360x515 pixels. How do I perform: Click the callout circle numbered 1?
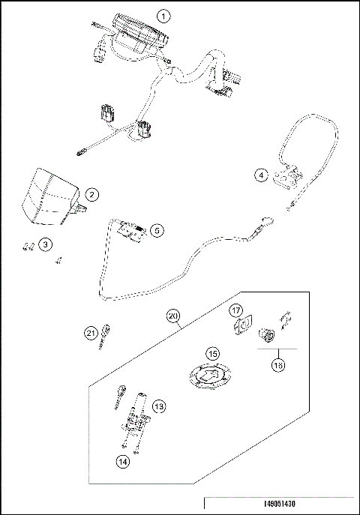click(164, 16)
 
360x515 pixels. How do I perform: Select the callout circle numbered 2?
click(91, 195)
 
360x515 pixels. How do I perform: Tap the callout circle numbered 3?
click(46, 244)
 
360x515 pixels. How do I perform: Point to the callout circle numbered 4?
click(260, 175)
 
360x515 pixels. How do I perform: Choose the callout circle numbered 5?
click(156, 230)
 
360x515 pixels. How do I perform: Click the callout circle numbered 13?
click(158, 406)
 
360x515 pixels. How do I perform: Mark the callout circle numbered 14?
click(122, 463)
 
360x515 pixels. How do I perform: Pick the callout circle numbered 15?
click(213, 353)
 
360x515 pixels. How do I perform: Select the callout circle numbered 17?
click(235, 310)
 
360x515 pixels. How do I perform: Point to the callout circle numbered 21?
click(90, 333)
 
